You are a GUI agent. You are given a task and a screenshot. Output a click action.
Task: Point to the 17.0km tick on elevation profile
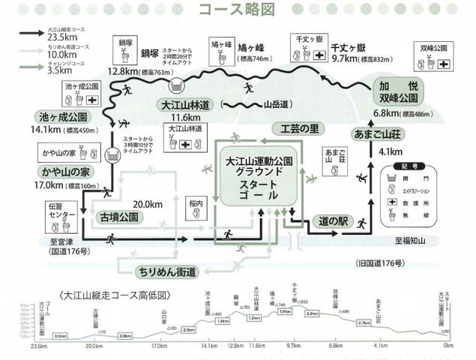click(157, 346)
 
